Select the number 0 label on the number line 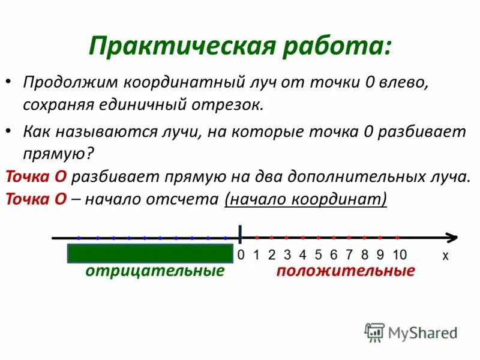click(x=241, y=254)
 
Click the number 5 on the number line click(x=319, y=254)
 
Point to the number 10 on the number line click(x=400, y=254)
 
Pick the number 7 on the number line click(x=349, y=254)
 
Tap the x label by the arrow click(x=445, y=255)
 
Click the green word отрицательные click(x=155, y=271)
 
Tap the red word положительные click(x=346, y=271)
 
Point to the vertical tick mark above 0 click(x=241, y=234)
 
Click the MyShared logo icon click(x=374, y=332)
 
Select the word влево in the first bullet click(x=405, y=82)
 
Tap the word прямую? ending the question click(x=58, y=153)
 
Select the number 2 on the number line click(x=272, y=254)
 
